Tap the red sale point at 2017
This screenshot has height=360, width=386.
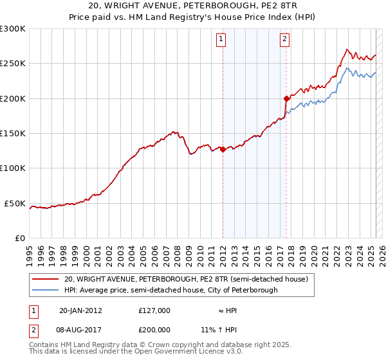pyautogui.click(x=286, y=98)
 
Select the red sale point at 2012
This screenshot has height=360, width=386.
pyautogui.click(x=223, y=149)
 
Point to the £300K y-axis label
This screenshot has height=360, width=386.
pyautogui.click(x=13, y=29)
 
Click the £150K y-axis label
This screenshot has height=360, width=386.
pyautogui.click(x=13, y=134)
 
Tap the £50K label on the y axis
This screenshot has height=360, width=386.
pyautogui.click(x=15, y=204)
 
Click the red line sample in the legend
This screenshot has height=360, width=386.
pyautogui.click(x=46, y=279)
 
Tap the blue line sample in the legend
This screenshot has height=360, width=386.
pyautogui.click(x=46, y=290)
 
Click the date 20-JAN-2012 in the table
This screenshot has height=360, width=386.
pyautogui.click(x=80, y=310)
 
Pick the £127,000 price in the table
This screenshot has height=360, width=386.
pyautogui.click(x=154, y=310)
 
